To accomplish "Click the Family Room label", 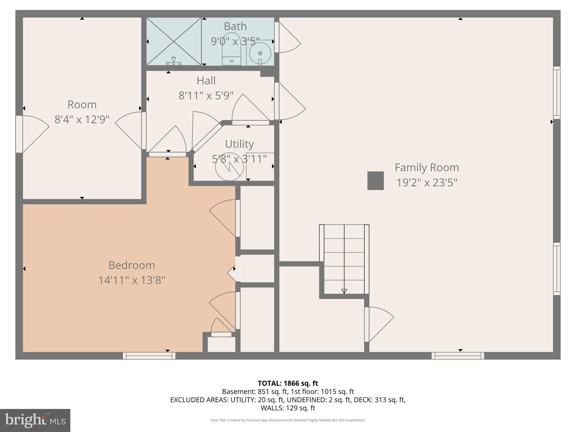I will pyautogui.click(x=427, y=168).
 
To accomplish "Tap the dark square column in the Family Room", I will pyautogui.click(x=375, y=181).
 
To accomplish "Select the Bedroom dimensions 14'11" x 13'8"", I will pyautogui.click(x=131, y=280).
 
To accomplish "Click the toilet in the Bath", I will pyautogui.click(x=231, y=51).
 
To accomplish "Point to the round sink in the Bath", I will pyautogui.click(x=260, y=53).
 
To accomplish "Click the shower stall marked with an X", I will pyautogui.click(x=174, y=41).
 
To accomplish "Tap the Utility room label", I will pyautogui.click(x=239, y=144).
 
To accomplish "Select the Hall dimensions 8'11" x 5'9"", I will pyautogui.click(x=206, y=96).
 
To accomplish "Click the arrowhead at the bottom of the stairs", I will pyautogui.click(x=344, y=291).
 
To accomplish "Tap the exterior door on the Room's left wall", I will pyautogui.click(x=19, y=134).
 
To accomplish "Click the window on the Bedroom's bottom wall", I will pyautogui.click(x=149, y=356).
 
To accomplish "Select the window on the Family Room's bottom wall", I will pyautogui.click(x=458, y=356).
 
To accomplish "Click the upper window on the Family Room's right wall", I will pyautogui.click(x=557, y=93).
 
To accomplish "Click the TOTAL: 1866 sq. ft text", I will pyautogui.click(x=288, y=383).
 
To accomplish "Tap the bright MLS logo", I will pyautogui.click(x=35, y=420).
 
